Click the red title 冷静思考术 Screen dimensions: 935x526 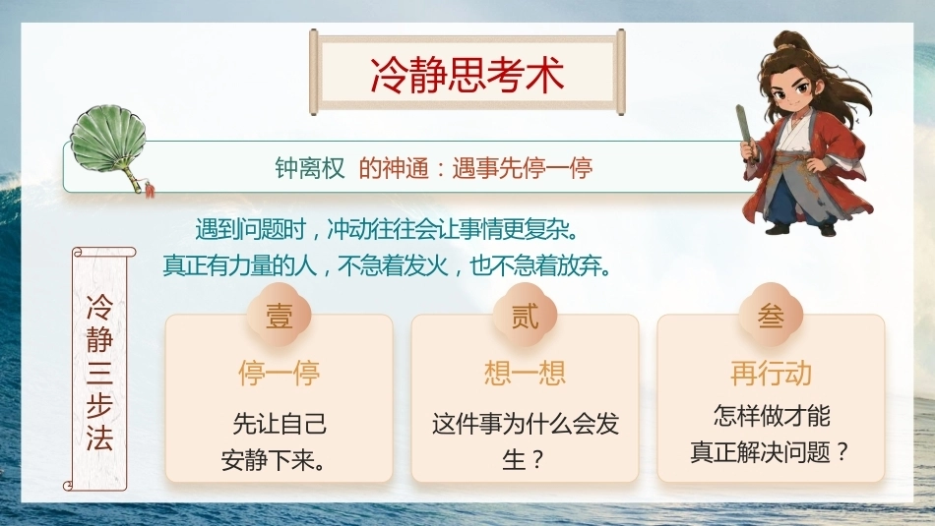click(467, 75)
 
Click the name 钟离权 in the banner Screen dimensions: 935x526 click(309, 168)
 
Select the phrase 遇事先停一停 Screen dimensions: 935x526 click(523, 168)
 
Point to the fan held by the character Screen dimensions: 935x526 click(747, 134)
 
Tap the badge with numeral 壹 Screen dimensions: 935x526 click(280, 316)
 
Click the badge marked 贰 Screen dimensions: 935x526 click(525, 316)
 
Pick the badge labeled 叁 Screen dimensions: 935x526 click(771, 316)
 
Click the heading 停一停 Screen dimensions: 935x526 click(280, 374)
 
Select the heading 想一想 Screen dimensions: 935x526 click(525, 374)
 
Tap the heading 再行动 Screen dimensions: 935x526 click(771, 374)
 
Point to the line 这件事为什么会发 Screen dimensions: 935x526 click(526, 424)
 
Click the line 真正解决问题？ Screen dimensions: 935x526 click(770, 452)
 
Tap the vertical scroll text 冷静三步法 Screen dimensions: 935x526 click(99, 373)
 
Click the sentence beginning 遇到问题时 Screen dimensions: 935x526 click(387, 229)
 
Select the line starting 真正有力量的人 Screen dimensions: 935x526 click(387, 265)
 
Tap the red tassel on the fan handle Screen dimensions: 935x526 click(149, 191)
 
